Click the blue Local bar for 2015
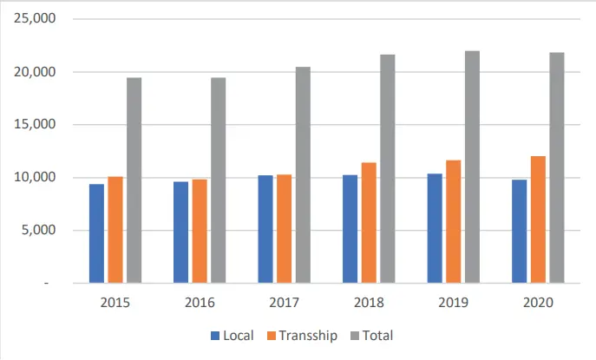click(x=96, y=233)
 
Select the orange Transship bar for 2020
click(x=538, y=219)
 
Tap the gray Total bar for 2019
click(x=473, y=167)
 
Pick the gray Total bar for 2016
click(x=219, y=180)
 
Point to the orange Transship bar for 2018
click(x=369, y=223)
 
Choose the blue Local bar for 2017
click(x=265, y=229)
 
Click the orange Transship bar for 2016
click(x=200, y=231)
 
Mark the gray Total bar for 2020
click(x=557, y=167)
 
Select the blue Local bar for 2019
click(x=435, y=228)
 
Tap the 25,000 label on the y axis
click(x=35, y=18)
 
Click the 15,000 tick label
click(x=35, y=124)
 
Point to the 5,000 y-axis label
click(x=38, y=230)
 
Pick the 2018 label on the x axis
click(x=369, y=303)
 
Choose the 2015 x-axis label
click(x=115, y=303)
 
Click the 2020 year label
click(x=538, y=303)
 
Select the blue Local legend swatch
click(x=215, y=336)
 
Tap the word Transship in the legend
click(x=308, y=336)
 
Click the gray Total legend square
click(x=354, y=336)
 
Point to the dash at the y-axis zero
click(x=46, y=283)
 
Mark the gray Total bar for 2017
click(x=304, y=175)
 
